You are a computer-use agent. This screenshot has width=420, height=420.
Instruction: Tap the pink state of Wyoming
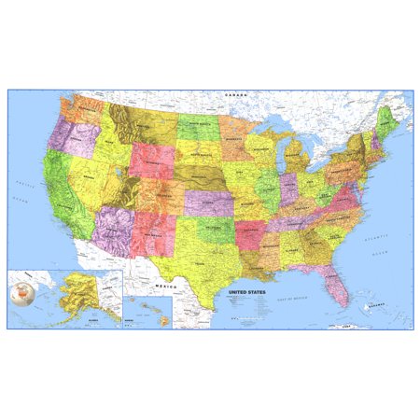click(x=150, y=161)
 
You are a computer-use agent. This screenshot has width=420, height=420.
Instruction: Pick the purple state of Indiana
click(x=289, y=187)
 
